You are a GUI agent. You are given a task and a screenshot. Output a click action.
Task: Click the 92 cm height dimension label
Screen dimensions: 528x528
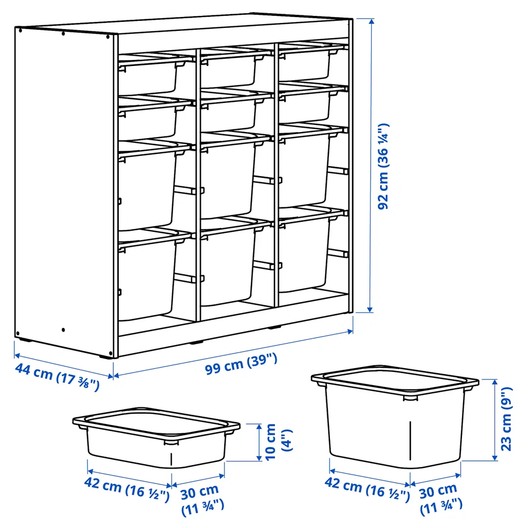[383, 166]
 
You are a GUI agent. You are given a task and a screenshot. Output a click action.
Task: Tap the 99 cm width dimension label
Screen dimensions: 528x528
[241, 364]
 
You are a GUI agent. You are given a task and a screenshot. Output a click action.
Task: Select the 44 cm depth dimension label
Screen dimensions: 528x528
[57, 377]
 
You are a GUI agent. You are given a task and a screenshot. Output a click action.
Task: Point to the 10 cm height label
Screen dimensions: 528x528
[278, 442]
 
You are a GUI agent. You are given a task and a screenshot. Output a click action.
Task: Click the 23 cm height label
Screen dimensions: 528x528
[506, 419]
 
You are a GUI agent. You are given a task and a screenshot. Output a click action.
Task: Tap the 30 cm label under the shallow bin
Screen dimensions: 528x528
[202, 500]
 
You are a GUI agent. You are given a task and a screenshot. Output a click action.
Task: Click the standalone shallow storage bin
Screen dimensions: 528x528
[156, 437]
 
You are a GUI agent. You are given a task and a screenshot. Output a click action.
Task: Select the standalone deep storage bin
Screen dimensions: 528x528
[395, 416]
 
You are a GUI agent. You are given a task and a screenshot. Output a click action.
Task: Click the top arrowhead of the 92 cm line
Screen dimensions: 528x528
[371, 22]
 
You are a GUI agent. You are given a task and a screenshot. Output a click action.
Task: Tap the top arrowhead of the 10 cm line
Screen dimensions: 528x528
[259, 427]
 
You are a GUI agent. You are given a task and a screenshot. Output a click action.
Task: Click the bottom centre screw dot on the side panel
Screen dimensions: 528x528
[63, 330]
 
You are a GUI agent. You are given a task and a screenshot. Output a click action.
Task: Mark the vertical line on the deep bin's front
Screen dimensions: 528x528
[410, 440]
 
